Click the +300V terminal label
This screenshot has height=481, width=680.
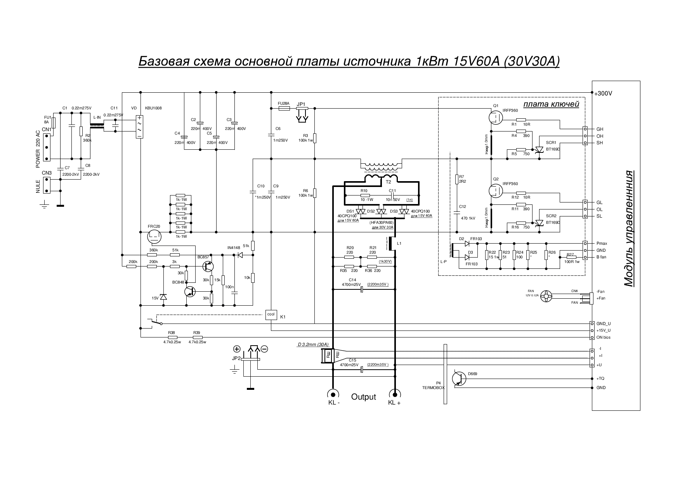(x=604, y=93)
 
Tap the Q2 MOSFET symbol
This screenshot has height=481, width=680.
(x=496, y=190)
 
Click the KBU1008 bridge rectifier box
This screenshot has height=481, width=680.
(x=139, y=127)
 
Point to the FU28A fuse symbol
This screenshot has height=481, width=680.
(x=284, y=109)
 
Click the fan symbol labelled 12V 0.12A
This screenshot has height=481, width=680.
(x=546, y=296)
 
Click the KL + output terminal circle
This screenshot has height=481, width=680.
(x=395, y=394)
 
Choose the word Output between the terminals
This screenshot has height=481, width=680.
(x=363, y=397)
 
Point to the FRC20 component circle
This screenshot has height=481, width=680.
(x=154, y=235)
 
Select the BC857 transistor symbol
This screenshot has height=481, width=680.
(x=209, y=266)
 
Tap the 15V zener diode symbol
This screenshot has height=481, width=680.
(x=163, y=297)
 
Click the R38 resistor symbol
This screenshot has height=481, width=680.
(x=172, y=337)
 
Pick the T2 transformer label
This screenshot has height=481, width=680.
(x=388, y=182)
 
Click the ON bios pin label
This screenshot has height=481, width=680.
(x=603, y=337)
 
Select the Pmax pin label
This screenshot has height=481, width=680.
(x=602, y=244)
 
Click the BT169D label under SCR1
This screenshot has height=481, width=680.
(x=553, y=149)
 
